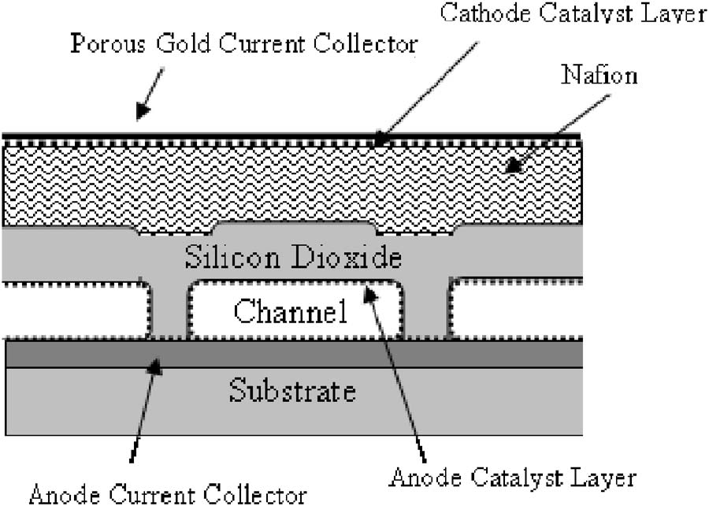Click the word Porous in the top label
[x=108, y=44]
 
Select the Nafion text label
[x=599, y=75]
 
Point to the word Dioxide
[x=347, y=257]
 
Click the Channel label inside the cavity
[x=291, y=311]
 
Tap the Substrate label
[x=292, y=391]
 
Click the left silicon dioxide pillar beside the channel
[x=169, y=308]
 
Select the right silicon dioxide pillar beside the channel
[x=426, y=308]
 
